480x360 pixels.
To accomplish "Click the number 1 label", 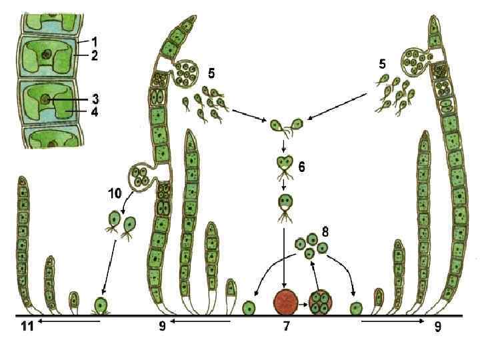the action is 94,42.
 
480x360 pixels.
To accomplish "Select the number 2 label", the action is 94,57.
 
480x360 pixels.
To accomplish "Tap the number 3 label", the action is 94,98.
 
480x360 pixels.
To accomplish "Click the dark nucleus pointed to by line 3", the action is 45,99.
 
